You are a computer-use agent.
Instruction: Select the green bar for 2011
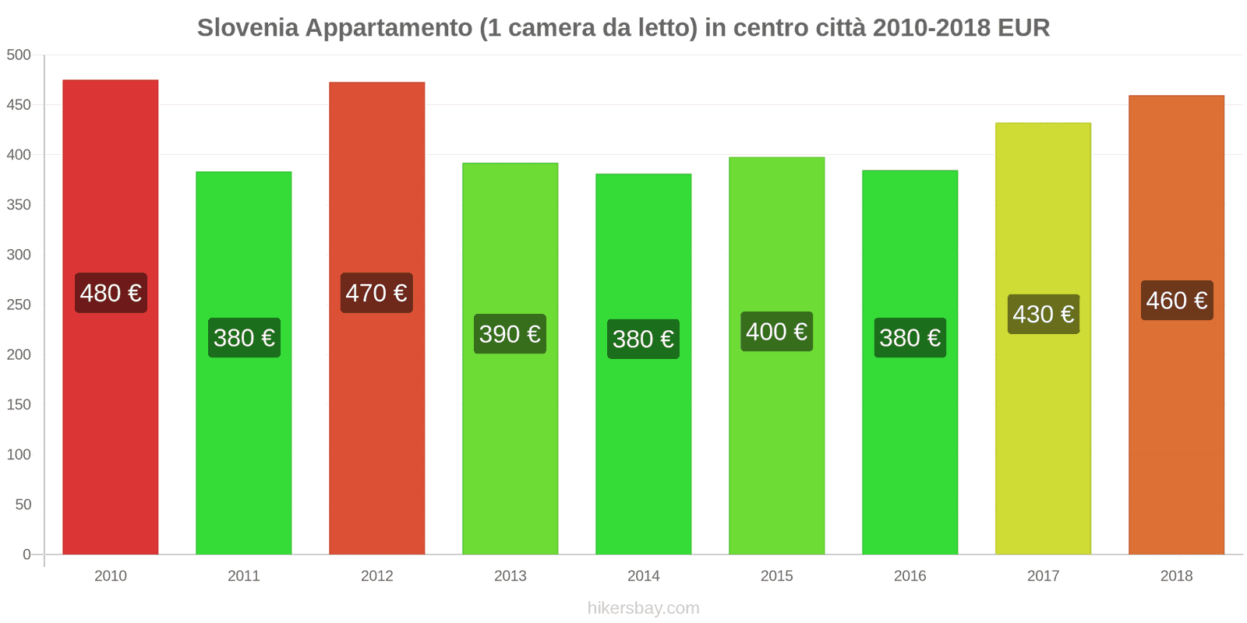[x=243, y=452]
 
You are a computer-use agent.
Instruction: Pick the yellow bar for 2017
[x=1043, y=436]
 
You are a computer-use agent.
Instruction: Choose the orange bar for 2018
[x=1176, y=436]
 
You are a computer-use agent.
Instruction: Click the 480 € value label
[x=111, y=293]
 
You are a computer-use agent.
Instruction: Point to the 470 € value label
[x=376, y=293]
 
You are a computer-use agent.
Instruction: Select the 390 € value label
[x=510, y=334]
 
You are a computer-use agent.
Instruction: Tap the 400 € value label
[x=776, y=332]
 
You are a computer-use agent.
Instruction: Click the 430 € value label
[x=1043, y=314]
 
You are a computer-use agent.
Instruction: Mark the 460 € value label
[x=1177, y=300]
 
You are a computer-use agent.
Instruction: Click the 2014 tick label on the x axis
[x=643, y=575]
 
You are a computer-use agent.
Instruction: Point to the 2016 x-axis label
[x=910, y=575]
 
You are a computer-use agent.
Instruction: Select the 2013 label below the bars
[x=510, y=575]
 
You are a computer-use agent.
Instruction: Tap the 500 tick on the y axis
[x=19, y=55]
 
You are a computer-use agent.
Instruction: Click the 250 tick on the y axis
[x=19, y=304]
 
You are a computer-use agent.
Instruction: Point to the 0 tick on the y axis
[x=26, y=554]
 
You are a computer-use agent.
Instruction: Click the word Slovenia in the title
[x=248, y=28]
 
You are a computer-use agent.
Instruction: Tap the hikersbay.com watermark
[x=643, y=608]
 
